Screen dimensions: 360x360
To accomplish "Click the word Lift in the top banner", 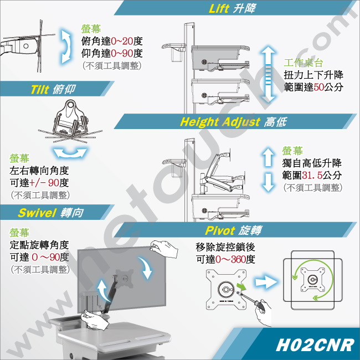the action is click(x=219, y=8).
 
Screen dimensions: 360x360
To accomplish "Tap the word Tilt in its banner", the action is click(x=40, y=89).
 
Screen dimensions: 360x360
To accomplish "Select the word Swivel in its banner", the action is click(x=37, y=213).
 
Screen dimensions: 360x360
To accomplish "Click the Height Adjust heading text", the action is click(x=220, y=122).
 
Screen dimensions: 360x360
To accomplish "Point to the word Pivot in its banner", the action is click(x=220, y=230).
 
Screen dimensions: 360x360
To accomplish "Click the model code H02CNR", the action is click(x=315, y=345).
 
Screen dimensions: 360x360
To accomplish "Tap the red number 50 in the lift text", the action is click(x=318, y=87).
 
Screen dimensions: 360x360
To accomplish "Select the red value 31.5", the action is click(x=312, y=176).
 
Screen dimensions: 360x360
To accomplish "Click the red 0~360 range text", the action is click(x=230, y=259).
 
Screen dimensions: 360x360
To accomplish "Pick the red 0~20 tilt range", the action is click(x=122, y=42).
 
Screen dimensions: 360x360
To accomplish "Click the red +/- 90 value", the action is click(x=44, y=183).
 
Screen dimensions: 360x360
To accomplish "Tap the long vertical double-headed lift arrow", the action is click(x=268, y=74).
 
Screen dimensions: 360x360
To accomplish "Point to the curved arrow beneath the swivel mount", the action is click(x=70, y=153).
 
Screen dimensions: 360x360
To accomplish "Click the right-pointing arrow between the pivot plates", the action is click(x=265, y=282).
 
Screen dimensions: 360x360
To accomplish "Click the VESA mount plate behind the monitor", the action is click(x=125, y=279).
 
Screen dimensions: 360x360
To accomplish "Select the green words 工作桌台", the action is click(x=304, y=63).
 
